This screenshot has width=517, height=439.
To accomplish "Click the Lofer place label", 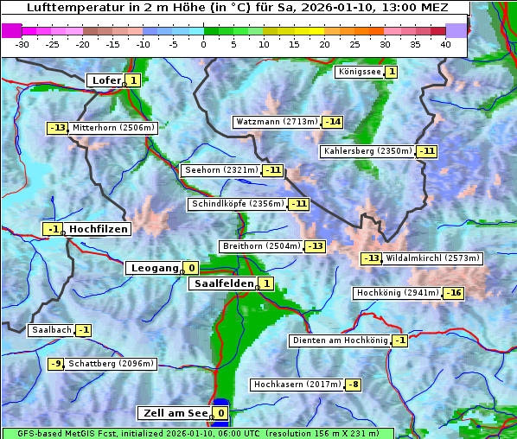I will click(x=105, y=80).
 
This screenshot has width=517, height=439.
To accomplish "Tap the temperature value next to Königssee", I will click(x=391, y=72).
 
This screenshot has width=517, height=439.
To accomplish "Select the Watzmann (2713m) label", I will click(x=277, y=122).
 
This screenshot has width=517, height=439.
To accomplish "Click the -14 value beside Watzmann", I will click(x=333, y=122).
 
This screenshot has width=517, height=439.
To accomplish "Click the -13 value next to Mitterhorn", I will click(x=57, y=128).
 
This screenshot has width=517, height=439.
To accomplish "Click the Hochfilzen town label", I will click(x=99, y=229).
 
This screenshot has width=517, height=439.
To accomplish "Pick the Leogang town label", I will click(x=154, y=268).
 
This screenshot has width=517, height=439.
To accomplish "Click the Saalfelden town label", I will click(x=223, y=283).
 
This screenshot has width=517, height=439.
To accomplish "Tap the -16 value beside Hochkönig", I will click(x=453, y=293).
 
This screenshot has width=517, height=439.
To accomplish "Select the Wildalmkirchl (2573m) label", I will click(x=433, y=258).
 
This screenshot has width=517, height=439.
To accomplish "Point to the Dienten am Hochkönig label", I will click(x=339, y=340).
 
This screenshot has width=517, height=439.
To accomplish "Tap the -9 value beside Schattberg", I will click(x=55, y=364).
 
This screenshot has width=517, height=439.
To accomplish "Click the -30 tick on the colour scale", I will click(x=22, y=44).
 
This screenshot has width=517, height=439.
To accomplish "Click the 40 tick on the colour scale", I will click(x=445, y=44).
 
